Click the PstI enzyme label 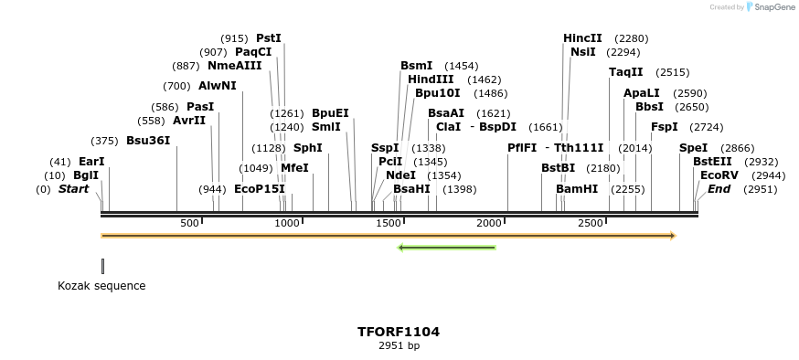(x=269, y=38)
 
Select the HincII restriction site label (x=582, y=38)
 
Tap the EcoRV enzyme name (x=719, y=175)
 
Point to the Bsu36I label (x=148, y=141)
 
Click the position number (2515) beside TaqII (x=673, y=72)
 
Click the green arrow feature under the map (x=446, y=247)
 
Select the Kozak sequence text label (x=101, y=286)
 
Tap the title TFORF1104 (x=399, y=332)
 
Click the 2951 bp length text (x=399, y=345)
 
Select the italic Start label (x=74, y=189)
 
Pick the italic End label (x=719, y=189)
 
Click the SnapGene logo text (x=773, y=7)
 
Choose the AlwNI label (x=218, y=86)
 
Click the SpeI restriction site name (x=693, y=148)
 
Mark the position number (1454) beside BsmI (x=461, y=66)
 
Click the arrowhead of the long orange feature (x=672, y=236)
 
